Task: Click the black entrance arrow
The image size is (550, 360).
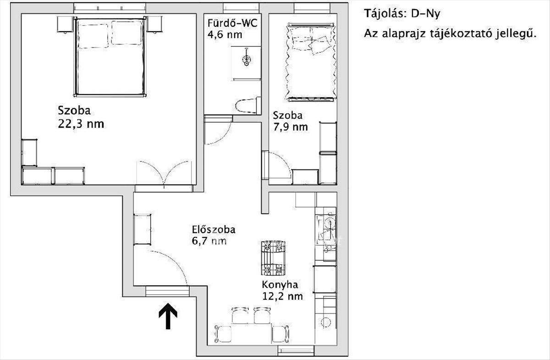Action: click(168, 316)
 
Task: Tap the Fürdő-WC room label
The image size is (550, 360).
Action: click(232, 23)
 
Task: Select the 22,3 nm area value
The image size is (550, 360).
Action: click(81, 124)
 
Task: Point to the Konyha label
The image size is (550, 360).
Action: click(280, 285)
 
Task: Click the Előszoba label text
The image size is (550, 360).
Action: click(214, 229)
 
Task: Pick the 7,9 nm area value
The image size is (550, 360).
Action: click(290, 127)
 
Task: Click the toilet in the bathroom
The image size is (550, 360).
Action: click(248, 105)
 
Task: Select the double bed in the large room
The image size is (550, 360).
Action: click(110, 56)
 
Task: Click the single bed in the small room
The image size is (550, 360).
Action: click(311, 62)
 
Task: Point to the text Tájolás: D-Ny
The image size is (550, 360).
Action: click(402, 13)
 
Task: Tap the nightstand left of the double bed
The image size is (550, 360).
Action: click(65, 24)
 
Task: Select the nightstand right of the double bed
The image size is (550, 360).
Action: click(155, 24)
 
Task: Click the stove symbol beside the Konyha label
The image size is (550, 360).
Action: click(273, 258)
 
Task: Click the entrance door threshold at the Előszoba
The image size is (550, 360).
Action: click(167, 292)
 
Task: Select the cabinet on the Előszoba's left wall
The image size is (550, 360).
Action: click(142, 229)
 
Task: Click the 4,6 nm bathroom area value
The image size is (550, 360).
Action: click(225, 35)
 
